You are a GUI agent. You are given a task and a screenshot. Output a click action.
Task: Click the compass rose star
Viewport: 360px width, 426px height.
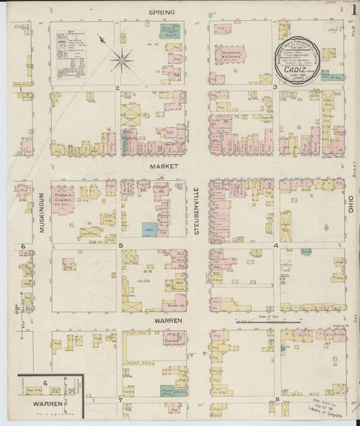click(x=122, y=61)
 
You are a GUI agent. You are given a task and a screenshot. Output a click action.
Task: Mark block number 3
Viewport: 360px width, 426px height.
click(x=274, y=87)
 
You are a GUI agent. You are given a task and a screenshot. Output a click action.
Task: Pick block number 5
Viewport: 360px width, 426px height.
click(x=120, y=245)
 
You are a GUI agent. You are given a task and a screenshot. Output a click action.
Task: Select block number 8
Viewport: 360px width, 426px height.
click(x=278, y=400)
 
